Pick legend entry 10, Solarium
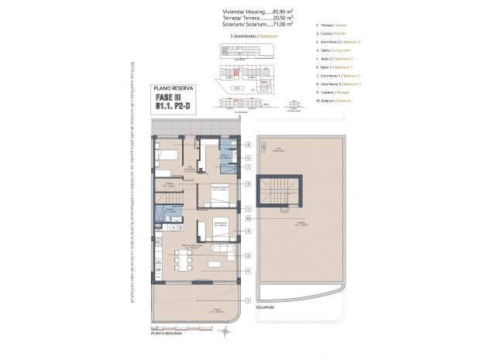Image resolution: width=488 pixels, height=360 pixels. coord(335,101)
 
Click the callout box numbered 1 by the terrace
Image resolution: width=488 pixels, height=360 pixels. coord(248,300)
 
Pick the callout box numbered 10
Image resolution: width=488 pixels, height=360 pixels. coord(248,219)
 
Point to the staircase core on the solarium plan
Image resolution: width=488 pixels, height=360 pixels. coord(277,191)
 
